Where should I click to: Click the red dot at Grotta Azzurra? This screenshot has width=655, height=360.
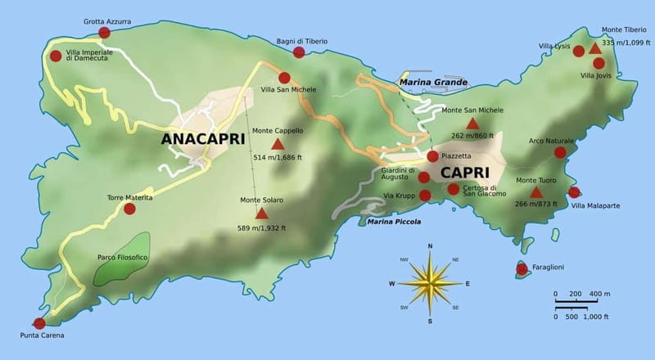[x=104, y=33]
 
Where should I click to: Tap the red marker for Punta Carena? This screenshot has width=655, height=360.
[x=38, y=323]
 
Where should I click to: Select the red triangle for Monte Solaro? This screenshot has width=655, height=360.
[x=261, y=214]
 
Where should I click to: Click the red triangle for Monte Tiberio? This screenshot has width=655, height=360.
[x=595, y=49]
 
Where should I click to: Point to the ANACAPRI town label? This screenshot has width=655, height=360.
[x=203, y=138]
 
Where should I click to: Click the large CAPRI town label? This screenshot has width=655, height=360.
[x=464, y=173]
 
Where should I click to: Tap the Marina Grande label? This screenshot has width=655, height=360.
[x=433, y=83]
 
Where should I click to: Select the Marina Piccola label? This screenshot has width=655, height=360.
[x=394, y=222]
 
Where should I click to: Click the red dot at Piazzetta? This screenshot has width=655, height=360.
[x=432, y=156]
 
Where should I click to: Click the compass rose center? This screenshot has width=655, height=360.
[x=430, y=284]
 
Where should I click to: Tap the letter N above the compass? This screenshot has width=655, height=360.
[x=430, y=245]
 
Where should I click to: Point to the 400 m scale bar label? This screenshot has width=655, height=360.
[x=599, y=294]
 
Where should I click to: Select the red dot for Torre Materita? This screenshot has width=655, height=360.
[x=129, y=209]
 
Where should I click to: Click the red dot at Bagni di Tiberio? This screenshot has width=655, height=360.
[x=298, y=52]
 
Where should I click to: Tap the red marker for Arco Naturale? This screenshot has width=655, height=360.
[x=560, y=152]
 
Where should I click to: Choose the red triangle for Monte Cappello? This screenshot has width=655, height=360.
[x=277, y=145]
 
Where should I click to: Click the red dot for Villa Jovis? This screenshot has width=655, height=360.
[x=599, y=63]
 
